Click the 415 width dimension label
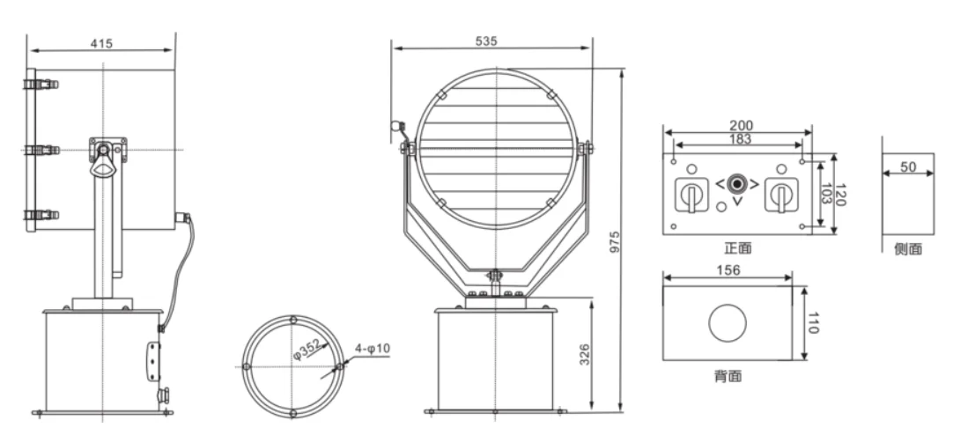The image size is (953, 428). pyautogui.click(x=101, y=44)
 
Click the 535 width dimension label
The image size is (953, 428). pyautogui.click(x=486, y=41)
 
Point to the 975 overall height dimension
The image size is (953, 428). pyautogui.click(x=615, y=242)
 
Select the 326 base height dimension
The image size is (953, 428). pyautogui.click(x=584, y=354)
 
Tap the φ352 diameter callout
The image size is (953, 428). pyautogui.click(x=307, y=349)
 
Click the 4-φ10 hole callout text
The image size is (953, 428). pyautogui.click(x=372, y=349)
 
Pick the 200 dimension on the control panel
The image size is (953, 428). pyautogui.click(x=741, y=126)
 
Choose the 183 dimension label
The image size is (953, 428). pyautogui.click(x=740, y=139)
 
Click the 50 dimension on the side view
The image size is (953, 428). pyautogui.click(x=908, y=166)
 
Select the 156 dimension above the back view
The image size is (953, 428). pyautogui.click(x=728, y=270)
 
